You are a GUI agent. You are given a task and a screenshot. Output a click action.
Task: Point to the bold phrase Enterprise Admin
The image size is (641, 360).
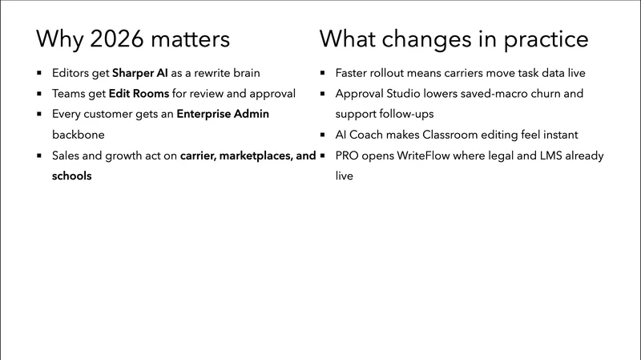[224, 114]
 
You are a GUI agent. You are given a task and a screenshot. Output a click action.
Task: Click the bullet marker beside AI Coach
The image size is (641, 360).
[322, 136]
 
